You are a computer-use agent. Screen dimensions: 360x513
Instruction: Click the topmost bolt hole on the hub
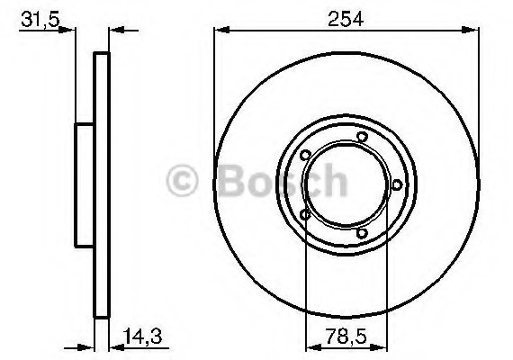click(361, 137)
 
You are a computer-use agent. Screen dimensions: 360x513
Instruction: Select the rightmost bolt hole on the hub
click(396, 184)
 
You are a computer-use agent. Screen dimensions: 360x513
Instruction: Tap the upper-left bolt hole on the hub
click(307, 154)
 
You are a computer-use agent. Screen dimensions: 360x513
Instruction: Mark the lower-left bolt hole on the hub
click(307, 215)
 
